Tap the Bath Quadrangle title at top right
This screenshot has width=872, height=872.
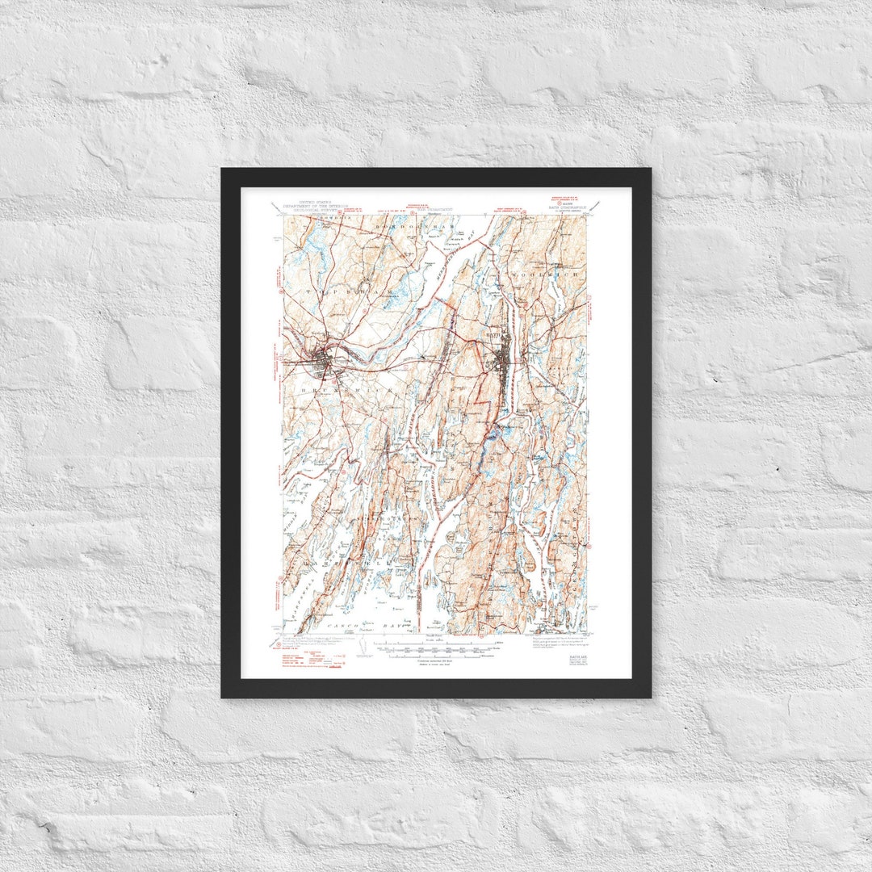click(556, 208)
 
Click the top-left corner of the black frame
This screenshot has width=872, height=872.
click(223, 170)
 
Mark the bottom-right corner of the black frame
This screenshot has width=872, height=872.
click(649, 696)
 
